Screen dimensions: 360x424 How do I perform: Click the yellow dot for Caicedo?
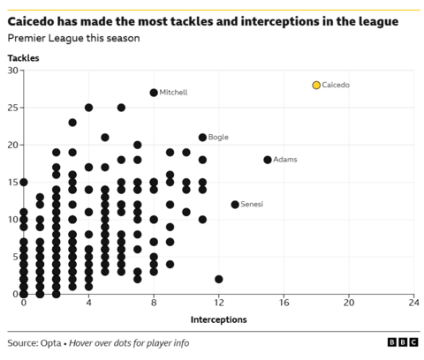316,85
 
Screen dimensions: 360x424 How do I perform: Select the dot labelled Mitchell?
154,93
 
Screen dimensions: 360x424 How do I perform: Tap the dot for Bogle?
202,137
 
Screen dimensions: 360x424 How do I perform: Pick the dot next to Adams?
268,160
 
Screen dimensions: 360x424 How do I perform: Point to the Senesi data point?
235,205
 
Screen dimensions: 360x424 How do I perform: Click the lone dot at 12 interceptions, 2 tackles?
219,279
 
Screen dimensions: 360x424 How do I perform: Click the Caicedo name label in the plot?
337,85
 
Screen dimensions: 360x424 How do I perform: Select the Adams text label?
285,160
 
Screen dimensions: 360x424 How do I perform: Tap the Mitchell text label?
173,93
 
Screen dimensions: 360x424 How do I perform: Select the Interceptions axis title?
218,319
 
